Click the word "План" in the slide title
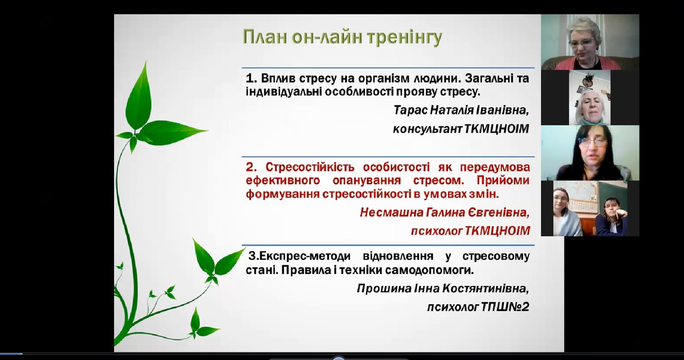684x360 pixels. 265,37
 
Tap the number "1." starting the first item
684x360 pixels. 252,78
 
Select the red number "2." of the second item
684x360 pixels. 252,167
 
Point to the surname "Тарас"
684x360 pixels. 410,110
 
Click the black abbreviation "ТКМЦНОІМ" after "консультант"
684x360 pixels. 497,129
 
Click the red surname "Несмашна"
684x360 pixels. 391,212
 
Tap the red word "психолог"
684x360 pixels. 436,231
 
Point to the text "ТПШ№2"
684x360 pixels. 505,307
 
